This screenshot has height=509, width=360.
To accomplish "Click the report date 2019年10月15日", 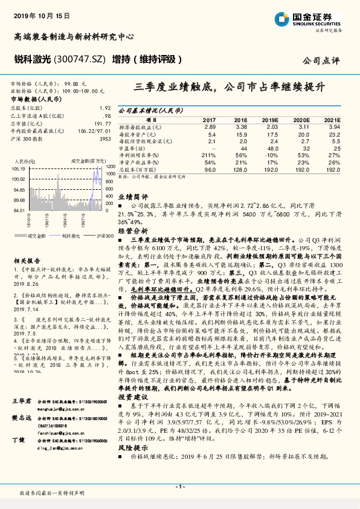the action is click(x=39, y=14).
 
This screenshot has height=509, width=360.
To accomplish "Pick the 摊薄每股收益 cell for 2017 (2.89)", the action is click(x=210, y=127).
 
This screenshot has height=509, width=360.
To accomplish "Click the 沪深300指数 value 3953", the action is click(x=104, y=139).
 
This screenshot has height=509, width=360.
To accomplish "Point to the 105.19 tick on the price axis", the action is click(x=18, y=170).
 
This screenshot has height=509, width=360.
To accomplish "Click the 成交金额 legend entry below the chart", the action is click(x=37, y=235).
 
